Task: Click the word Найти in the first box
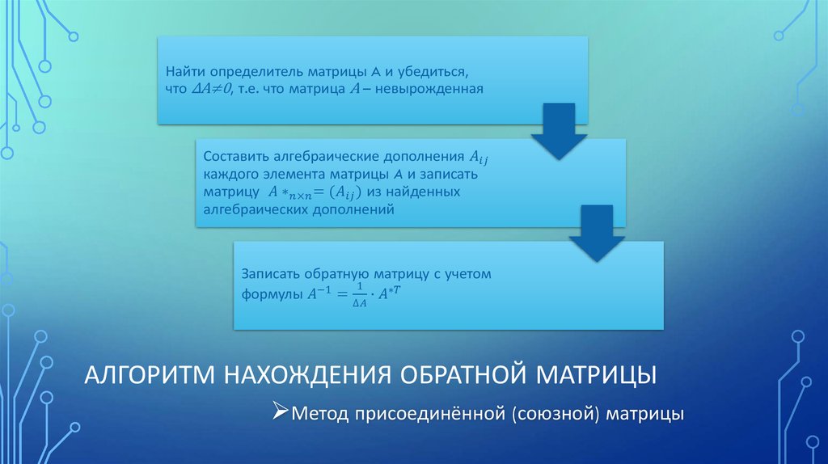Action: pos(184,74)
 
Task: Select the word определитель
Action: pos(246,74)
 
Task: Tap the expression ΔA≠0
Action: pos(213,90)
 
